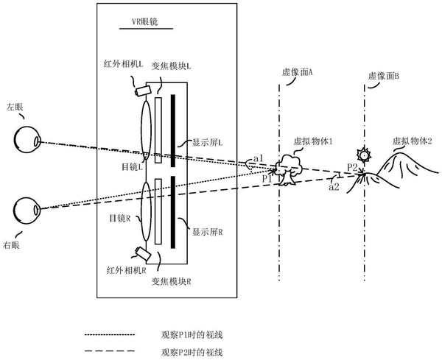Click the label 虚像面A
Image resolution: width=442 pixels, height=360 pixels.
tap(298, 73)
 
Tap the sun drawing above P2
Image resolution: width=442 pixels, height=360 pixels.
tap(362, 155)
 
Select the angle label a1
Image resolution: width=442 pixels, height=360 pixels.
tap(258, 158)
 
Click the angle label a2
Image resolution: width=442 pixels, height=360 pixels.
tap(333, 188)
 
